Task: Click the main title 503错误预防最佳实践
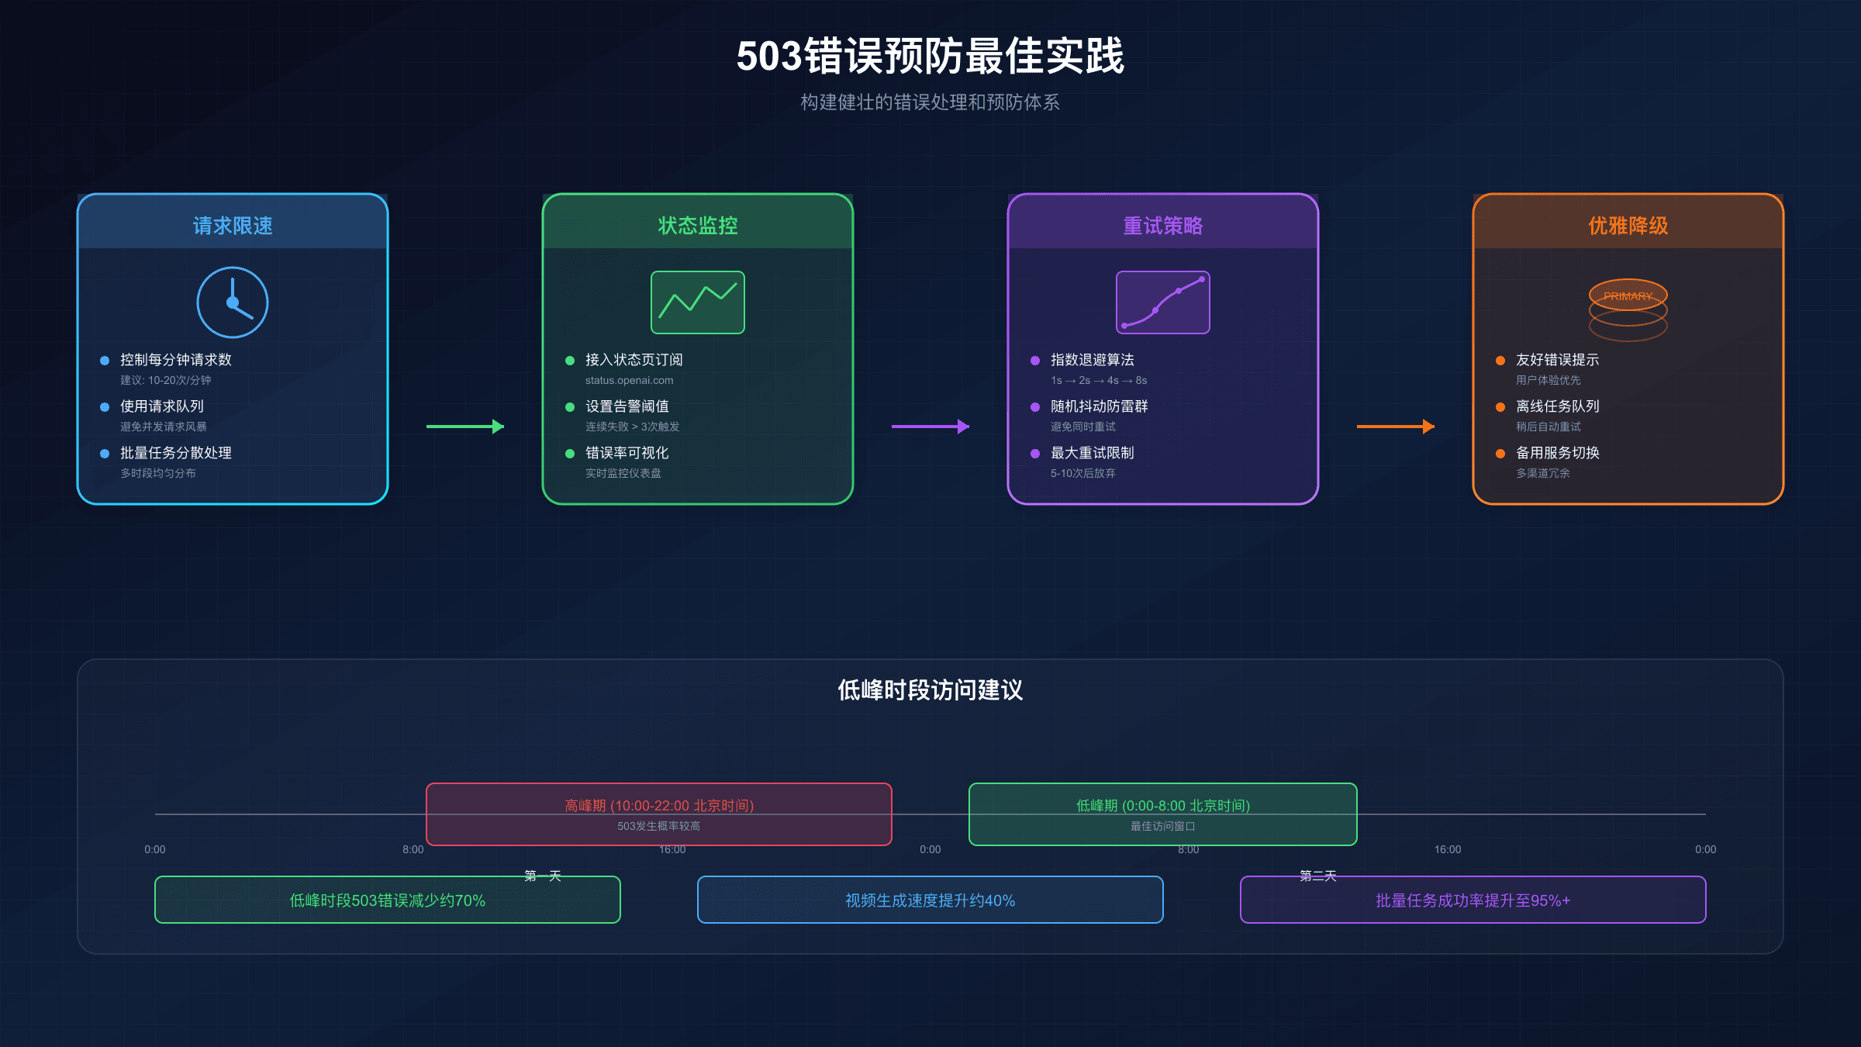click(x=930, y=57)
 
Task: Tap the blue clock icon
click(x=233, y=302)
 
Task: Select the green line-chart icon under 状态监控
click(x=698, y=302)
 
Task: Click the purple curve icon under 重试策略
click(x=1162, y=302)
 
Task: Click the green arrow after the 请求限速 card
click(x=465, y=427)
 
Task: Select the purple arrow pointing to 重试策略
click(x=930, y=427)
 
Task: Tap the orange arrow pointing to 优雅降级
click(x=1396, y=427)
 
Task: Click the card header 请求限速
click(x=233, y=226)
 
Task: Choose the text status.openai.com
click(x=629, y=380)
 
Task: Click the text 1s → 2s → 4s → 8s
click(x=1098, y=380)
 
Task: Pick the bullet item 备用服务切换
click(x=1557, y=453)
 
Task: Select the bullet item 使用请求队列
click(x=161, y=406)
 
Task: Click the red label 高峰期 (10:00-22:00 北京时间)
click(x=659, y=806)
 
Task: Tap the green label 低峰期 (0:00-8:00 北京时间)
click(x=1163, y=806)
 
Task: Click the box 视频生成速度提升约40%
click(x=930, y=900)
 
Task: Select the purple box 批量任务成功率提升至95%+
click(x=1473, y=900)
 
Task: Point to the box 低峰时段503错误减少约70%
click(x=387, y=900)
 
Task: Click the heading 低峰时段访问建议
click(x=930, y=690)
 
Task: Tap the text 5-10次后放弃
click(x=1082, y=473)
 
